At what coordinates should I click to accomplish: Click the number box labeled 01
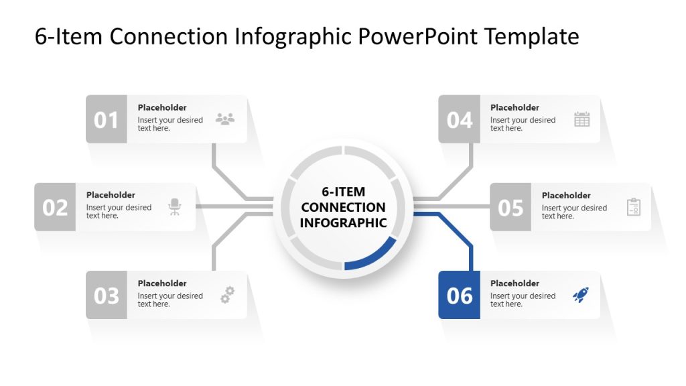(106, 119)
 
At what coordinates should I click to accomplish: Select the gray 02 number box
(55, 207)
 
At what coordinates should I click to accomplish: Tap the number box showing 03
(106, 295)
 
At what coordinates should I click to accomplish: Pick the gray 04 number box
(459, 119)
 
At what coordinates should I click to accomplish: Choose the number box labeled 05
(510, 207)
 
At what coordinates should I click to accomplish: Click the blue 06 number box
(459, 295)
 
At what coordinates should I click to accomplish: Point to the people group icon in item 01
(225, 119)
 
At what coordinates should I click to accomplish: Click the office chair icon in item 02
(175, 207)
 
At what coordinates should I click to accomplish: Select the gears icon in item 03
(228, 295)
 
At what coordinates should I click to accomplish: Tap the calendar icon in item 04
(581, 119)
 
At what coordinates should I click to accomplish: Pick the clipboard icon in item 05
(633, 207)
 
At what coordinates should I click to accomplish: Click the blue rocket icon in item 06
(581, 295)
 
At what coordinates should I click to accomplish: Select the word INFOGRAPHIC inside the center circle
(343, 222)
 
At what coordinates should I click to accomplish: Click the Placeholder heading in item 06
(514, 283)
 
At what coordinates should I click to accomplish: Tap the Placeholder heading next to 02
(111, 195)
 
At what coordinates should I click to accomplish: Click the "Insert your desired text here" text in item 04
(523, 124)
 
